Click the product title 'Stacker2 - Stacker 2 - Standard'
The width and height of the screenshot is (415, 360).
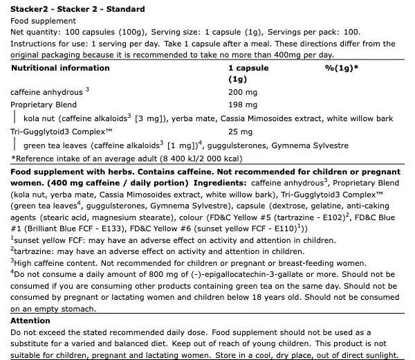click(77, 9)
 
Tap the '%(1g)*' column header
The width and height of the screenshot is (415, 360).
click(341, 69)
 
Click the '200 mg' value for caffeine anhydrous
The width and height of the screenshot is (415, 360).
click(243, 92)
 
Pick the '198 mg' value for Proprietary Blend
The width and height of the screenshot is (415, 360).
click(243, 105)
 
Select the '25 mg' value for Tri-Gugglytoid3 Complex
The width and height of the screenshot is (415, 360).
click(241, 132)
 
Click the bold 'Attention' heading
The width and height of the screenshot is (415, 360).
click(30, 321)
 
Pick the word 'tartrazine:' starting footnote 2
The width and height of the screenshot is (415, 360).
click(34, 250)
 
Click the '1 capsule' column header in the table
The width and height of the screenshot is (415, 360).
click(247, 69)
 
